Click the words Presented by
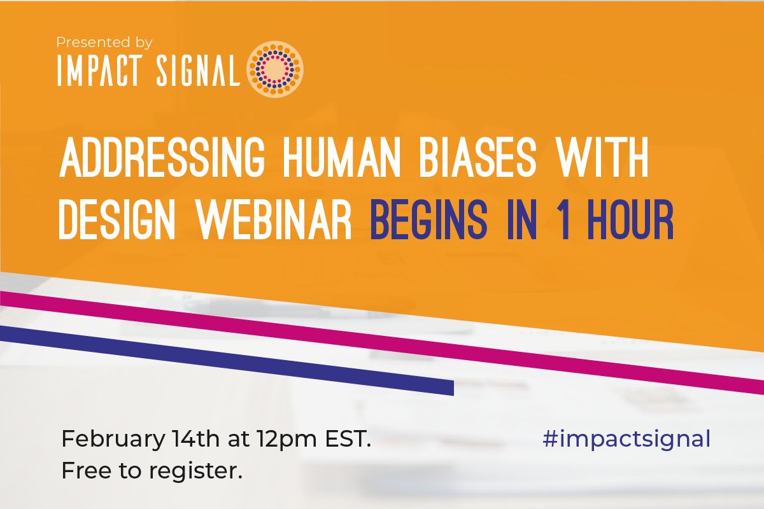click(x=104, y=43)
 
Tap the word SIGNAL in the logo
click(x=199, y=72)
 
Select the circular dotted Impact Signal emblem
click(x=274, y=69)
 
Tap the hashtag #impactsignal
click(x=626, y=439)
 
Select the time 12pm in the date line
click(x=281, y=440)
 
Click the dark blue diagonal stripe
click(x=223, y=360)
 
